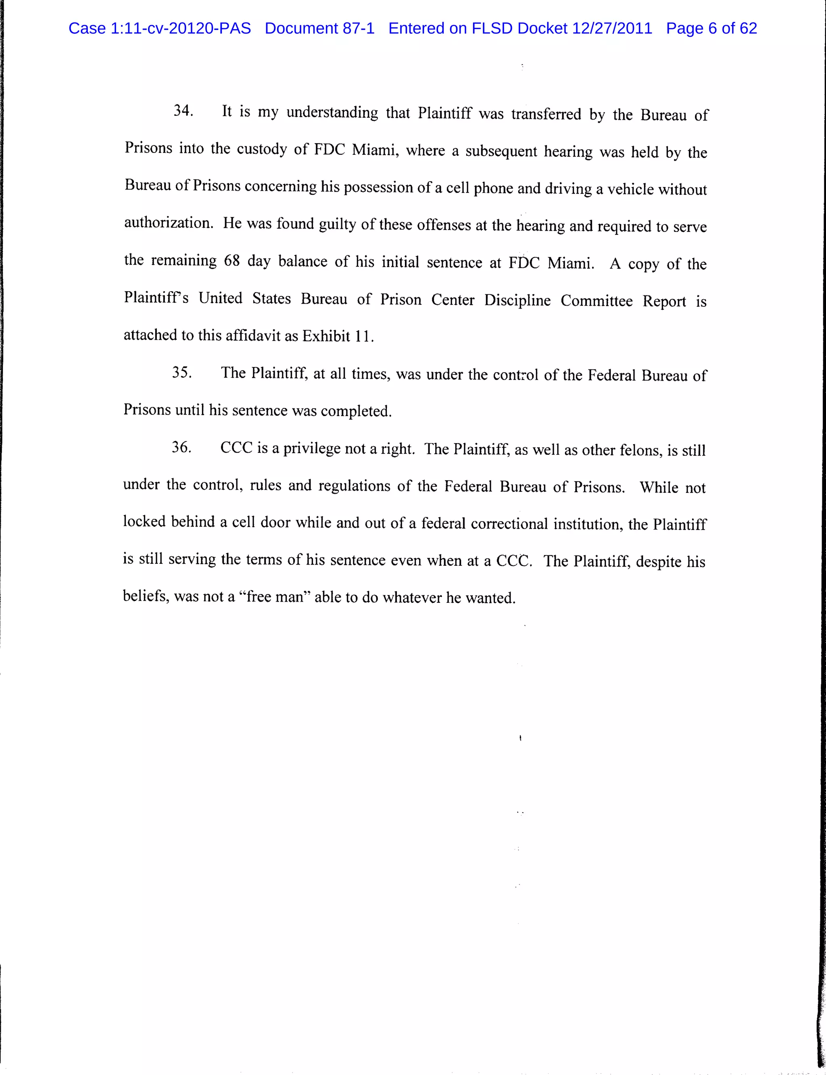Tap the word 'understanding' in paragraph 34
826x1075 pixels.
(332, 112)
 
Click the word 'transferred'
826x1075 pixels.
(546, 114)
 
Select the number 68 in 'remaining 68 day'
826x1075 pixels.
(232, 260)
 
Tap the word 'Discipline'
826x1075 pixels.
(517, 300)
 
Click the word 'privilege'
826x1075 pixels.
(311, 448)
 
